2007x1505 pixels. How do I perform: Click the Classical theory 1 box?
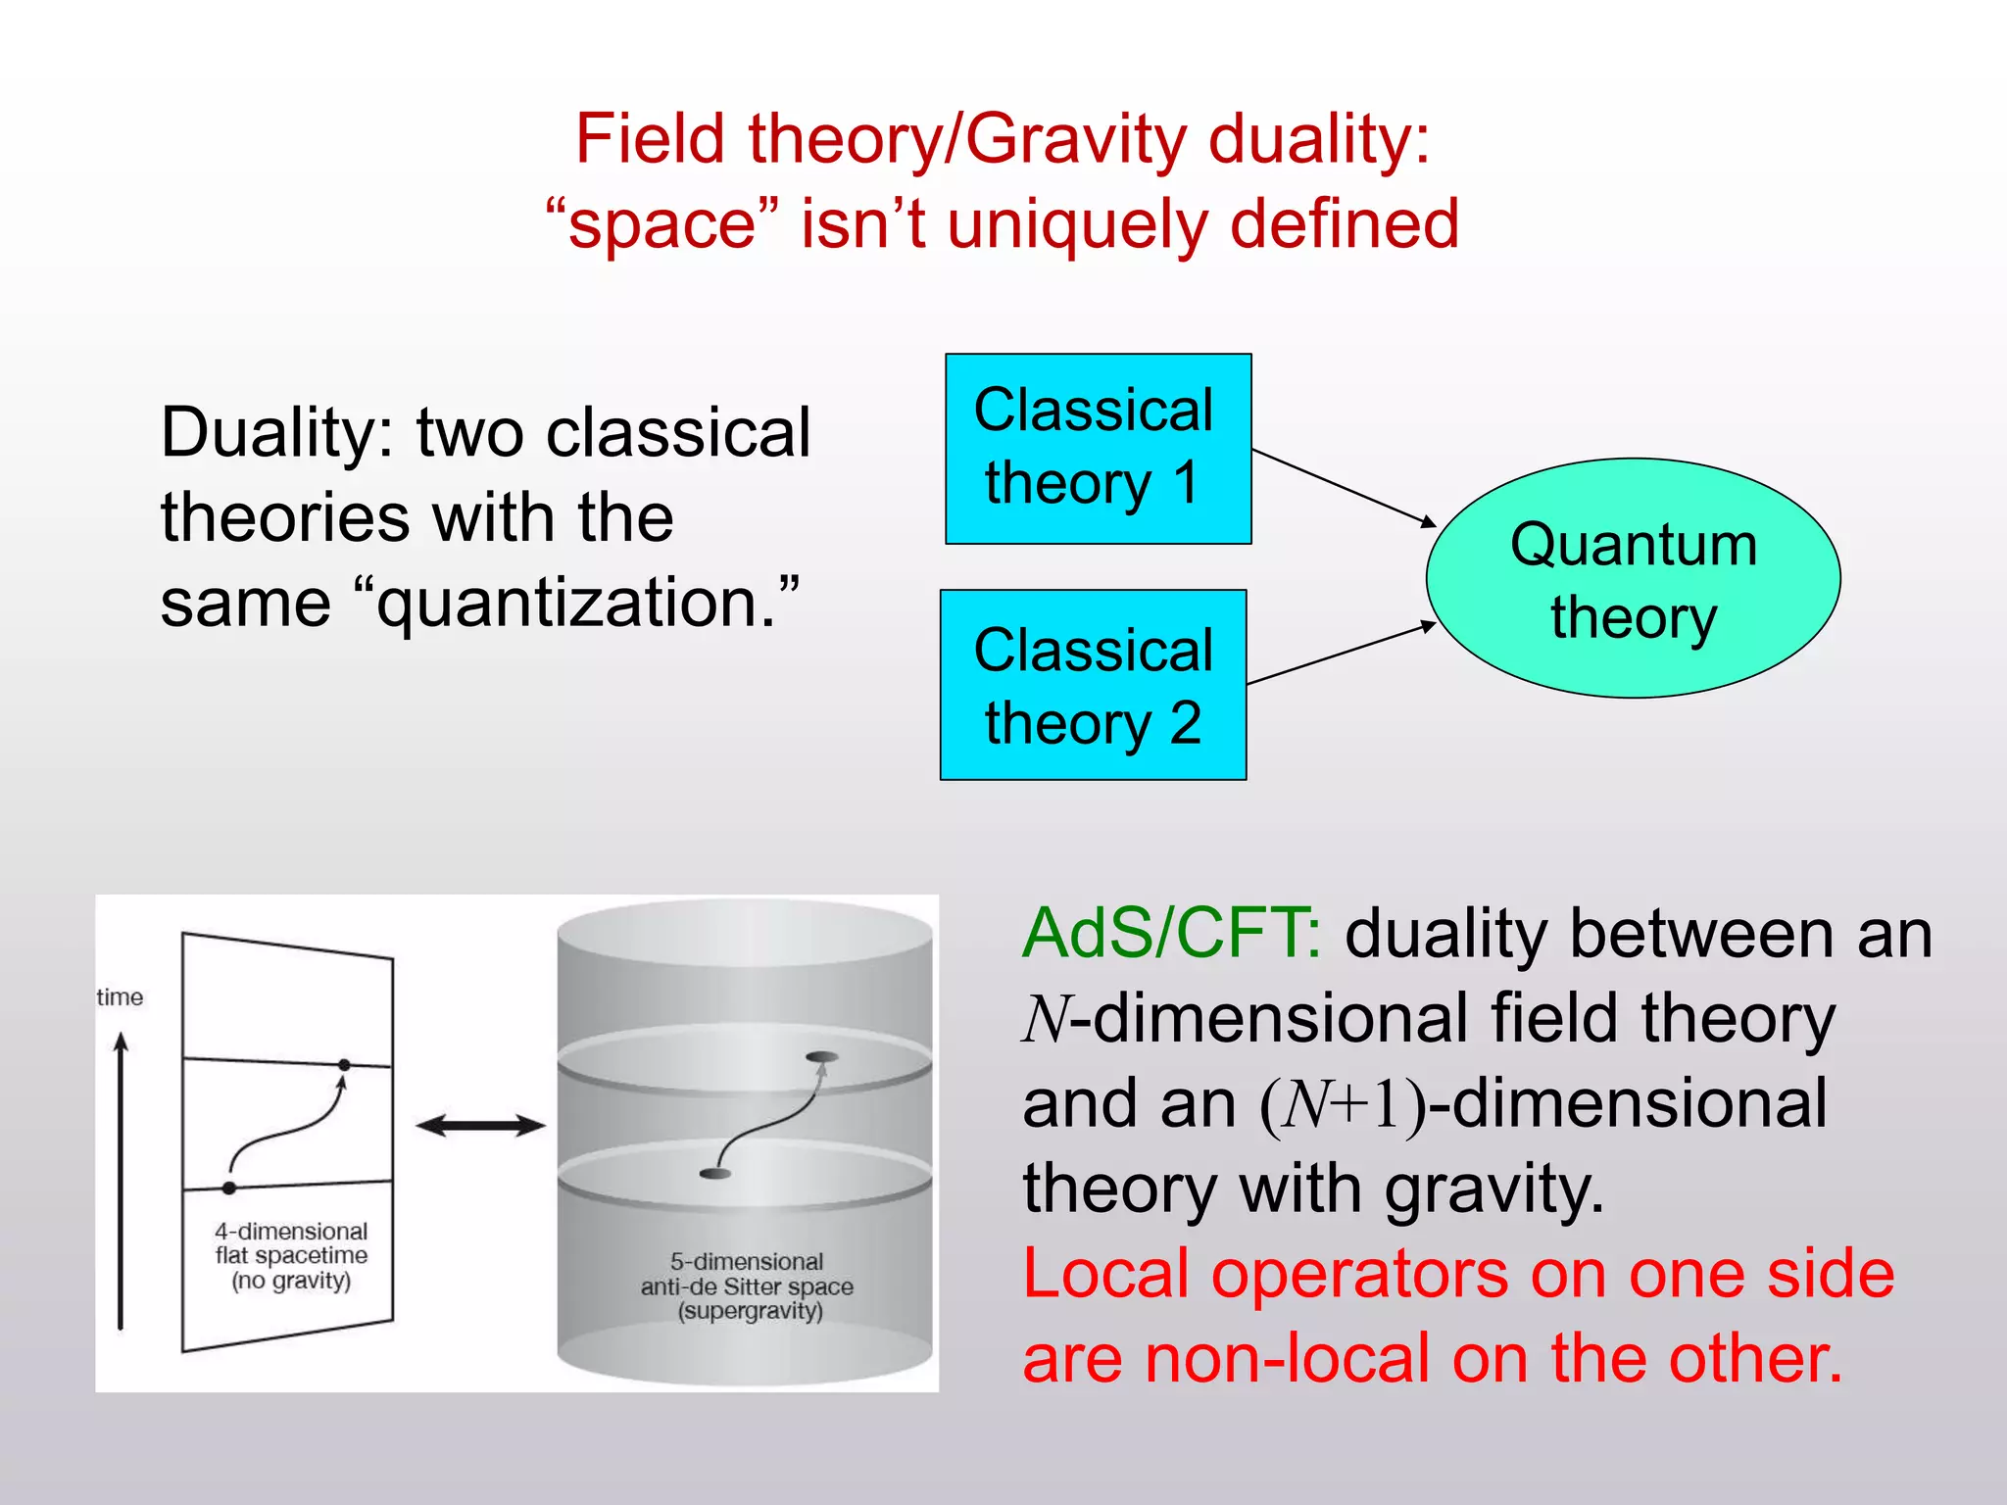click(1098, 449)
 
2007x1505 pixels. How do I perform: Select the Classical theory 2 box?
click(1093, 685)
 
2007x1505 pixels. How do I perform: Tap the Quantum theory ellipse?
click(1633, 578)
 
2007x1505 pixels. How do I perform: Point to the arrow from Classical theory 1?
click(1343, 487)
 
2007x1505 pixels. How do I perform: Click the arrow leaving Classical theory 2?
click(1341, 653)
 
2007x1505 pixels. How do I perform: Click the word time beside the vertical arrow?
click(120, 997)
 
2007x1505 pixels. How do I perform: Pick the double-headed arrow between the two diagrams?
click(480, 1126)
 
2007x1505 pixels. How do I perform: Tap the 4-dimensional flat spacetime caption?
click(291, 1255)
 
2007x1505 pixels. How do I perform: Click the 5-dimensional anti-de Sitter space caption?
click(747, 1286)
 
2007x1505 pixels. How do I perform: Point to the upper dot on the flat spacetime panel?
click(344, 1064)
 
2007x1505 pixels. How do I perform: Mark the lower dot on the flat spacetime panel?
click(229, 1188)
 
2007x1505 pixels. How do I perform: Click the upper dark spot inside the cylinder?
click(821, 1056)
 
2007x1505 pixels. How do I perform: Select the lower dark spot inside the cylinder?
click(715, 1173)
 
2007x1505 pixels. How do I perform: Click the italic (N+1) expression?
click(1343, 1104)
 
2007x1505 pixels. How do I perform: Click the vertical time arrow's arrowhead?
click(122, 1043)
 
